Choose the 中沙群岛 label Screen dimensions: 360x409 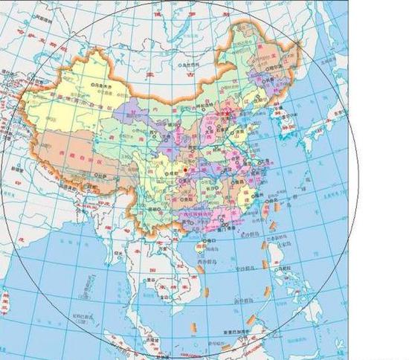[240, 271]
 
